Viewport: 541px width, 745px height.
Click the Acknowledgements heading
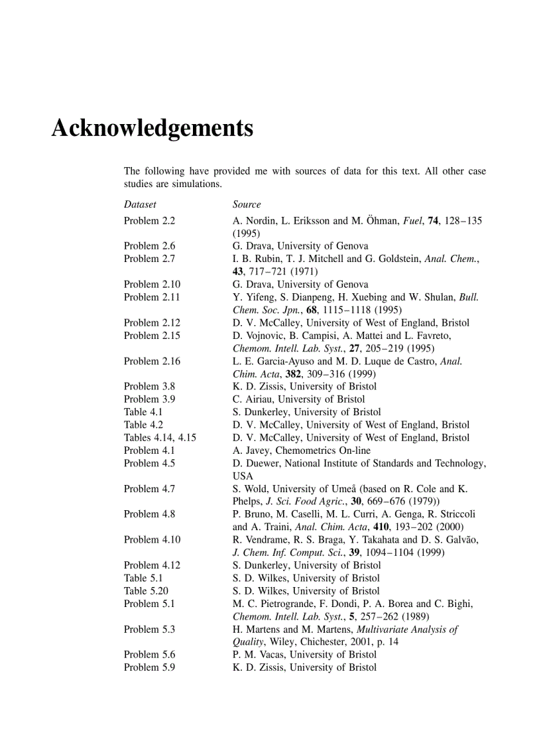152,127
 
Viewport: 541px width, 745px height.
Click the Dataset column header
140,204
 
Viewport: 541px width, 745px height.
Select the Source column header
247,204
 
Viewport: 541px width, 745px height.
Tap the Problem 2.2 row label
149,220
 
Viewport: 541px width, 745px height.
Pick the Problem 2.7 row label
149,259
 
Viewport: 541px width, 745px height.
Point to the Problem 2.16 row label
152,361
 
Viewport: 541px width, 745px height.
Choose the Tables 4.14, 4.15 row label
160,437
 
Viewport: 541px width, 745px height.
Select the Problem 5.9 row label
149,667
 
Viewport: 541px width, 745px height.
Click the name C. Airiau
252,399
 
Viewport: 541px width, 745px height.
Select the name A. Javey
251,450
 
